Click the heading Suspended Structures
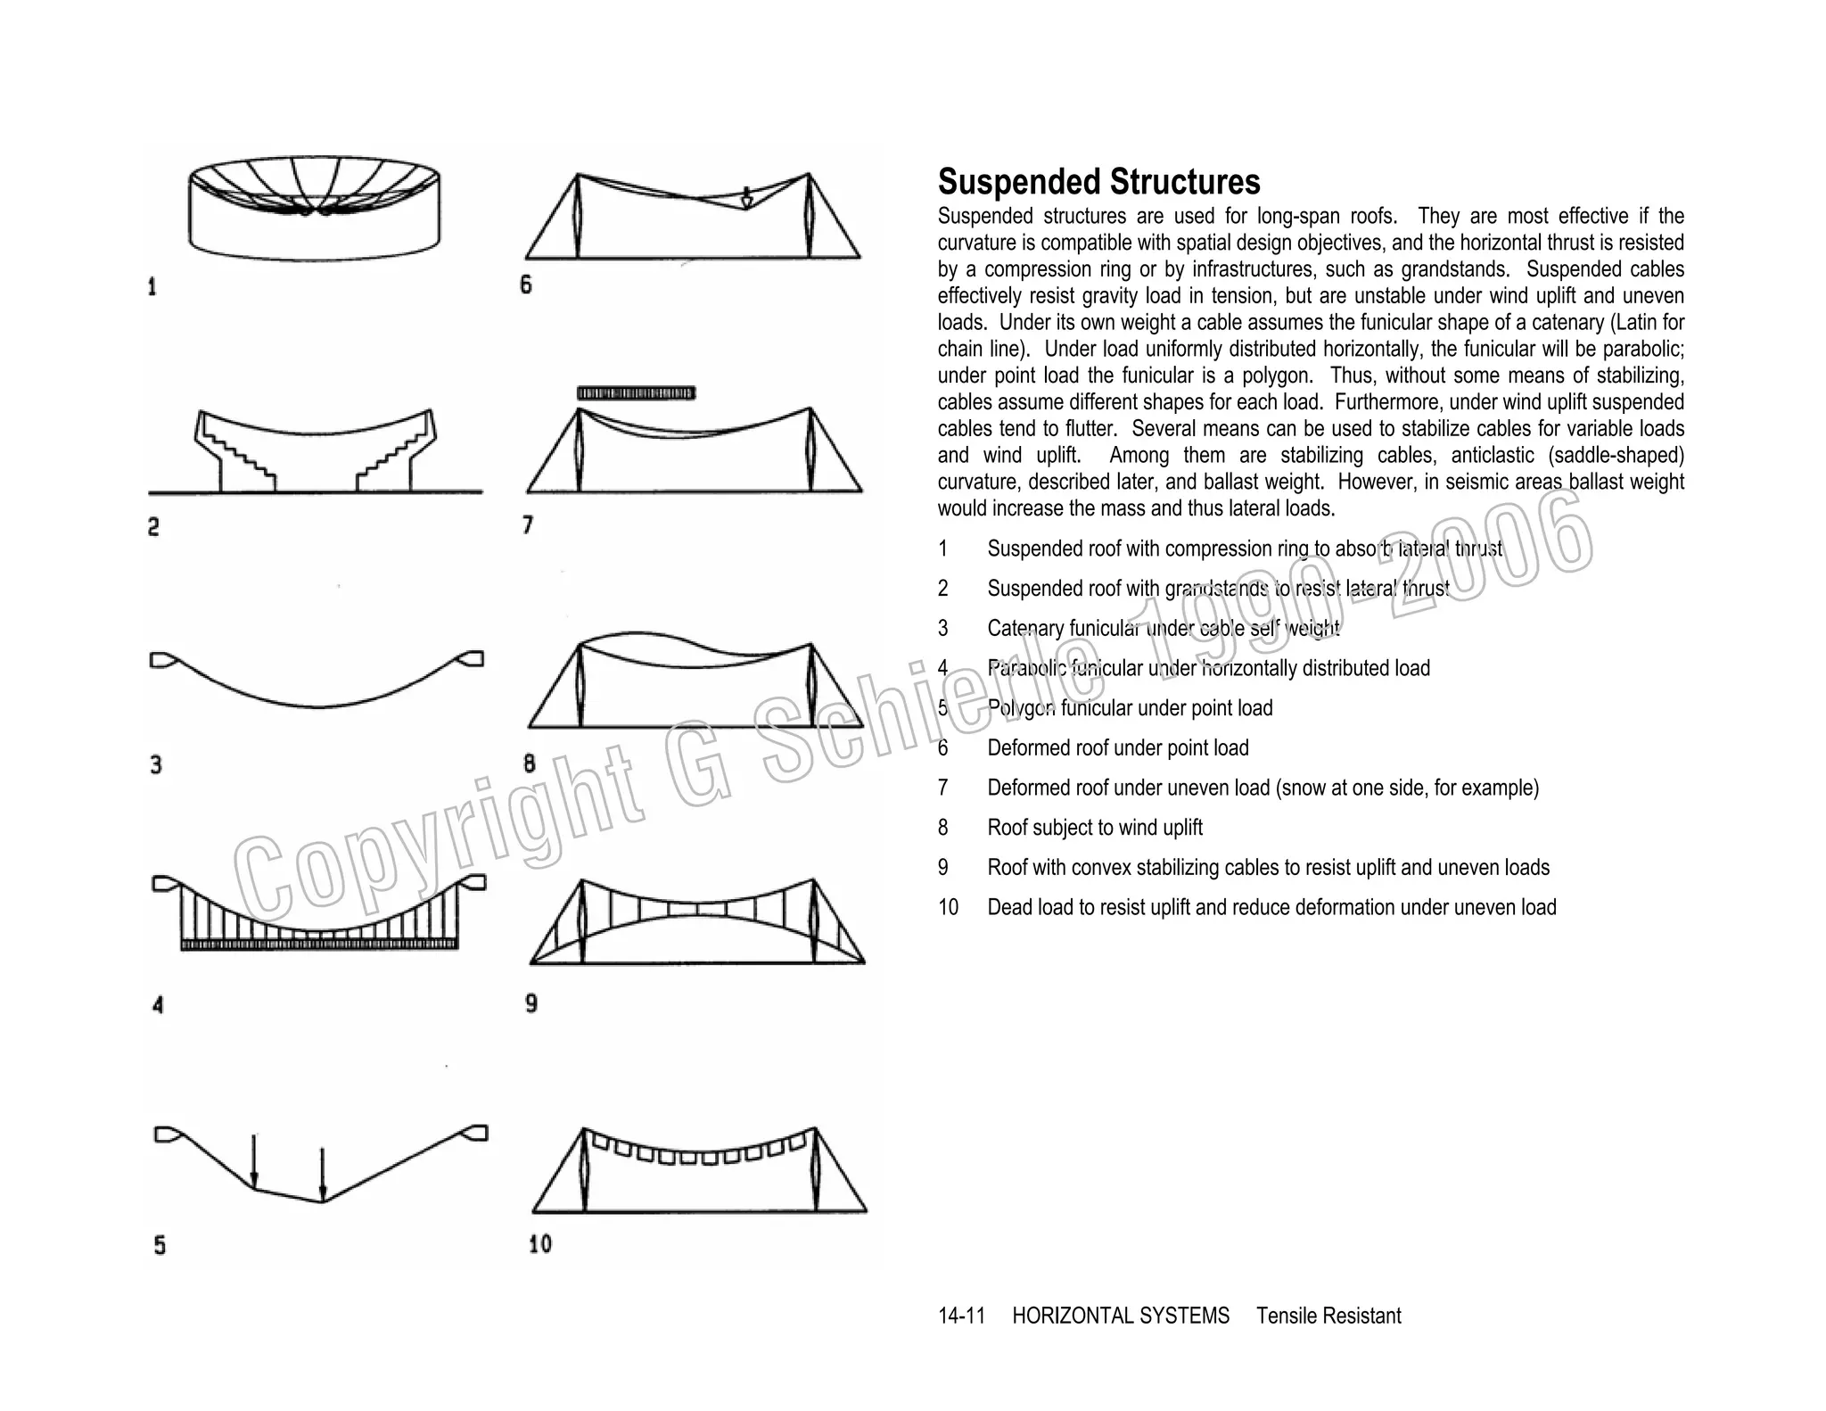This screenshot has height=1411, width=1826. [1098, 182]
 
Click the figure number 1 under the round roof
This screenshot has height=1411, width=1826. [152, 287]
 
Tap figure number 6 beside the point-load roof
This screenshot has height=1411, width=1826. [526, 285]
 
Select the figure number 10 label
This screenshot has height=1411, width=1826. [540, 1243]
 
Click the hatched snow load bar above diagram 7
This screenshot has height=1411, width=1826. [636, 392]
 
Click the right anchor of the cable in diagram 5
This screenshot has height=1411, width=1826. [475, 1133]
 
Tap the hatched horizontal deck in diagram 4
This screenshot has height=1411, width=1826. [319, 944]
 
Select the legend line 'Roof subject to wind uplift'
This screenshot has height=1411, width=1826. [1095, 828]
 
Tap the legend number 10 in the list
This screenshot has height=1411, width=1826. [948, 907]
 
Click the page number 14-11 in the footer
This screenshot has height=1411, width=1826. [961, 1316]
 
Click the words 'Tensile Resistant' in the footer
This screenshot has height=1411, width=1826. [1328, 1316]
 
